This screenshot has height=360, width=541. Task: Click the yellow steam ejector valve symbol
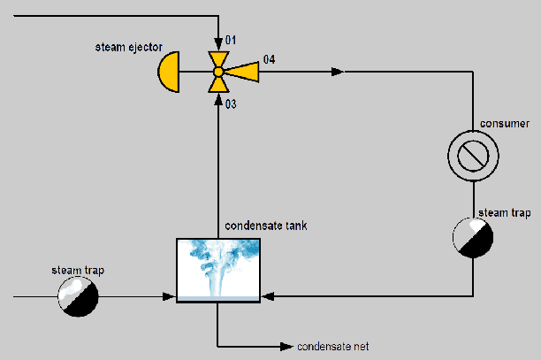[217, 72]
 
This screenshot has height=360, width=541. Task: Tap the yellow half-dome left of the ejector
[169, 72]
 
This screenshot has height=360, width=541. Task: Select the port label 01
[231, 40]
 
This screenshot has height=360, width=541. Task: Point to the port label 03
[231, 104]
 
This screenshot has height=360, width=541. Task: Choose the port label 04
[269, 59]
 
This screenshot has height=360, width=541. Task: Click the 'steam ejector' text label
[128, 45]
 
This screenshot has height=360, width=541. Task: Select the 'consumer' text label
[504, 123]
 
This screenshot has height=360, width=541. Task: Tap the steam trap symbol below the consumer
[472, 236]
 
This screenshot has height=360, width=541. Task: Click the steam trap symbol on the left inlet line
[78, 295]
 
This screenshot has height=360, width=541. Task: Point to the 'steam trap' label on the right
[504, 213]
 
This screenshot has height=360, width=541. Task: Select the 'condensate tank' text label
[265, 226]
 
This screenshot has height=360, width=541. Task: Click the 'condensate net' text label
[332, 346]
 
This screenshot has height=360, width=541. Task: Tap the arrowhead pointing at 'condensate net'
[286, 345]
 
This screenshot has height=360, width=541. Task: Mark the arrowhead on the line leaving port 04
[339, 72]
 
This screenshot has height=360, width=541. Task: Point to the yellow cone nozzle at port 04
[245, 72]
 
